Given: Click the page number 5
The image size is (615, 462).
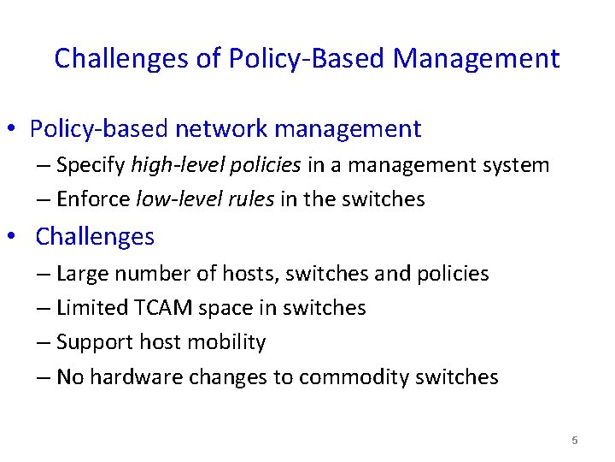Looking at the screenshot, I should pos(575,441).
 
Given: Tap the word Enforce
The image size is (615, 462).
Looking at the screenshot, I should pos(93,199).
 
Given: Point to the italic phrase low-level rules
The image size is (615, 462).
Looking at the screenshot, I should pos(206,199).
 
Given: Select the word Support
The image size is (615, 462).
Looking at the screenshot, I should pos(92,342).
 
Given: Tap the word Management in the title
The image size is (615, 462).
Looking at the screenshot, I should pos(477,59).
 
